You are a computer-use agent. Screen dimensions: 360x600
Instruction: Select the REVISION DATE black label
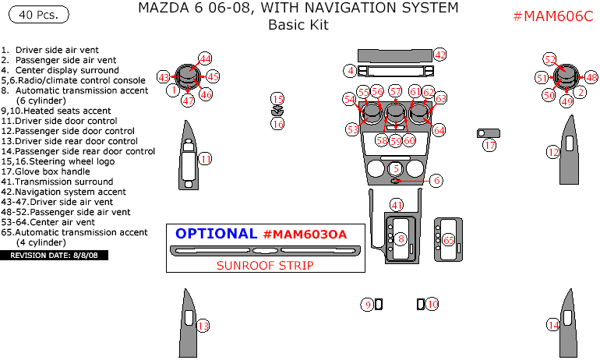(55, 255)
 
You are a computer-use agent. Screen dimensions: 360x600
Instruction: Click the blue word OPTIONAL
(216, 234)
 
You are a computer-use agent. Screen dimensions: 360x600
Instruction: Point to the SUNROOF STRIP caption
(265, 265)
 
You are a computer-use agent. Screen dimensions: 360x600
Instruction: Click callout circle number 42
(440, 55)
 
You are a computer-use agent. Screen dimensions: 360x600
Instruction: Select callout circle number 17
(489, 145)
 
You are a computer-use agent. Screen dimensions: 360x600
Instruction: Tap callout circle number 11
(205, 159)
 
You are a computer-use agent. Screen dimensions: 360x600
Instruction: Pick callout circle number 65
(448, 241)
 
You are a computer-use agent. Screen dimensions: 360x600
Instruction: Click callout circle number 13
(203, 326)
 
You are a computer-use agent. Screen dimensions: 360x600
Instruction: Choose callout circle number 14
(553, 325)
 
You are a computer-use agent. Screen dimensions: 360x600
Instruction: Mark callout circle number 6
(436, 180)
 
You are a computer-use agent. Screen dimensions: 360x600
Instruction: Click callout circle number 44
(205, 58)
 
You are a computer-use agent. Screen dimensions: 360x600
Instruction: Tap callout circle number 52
(550, 59)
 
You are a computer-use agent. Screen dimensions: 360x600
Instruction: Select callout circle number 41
(397, 205)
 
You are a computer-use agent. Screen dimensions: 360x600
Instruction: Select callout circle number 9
(367, 305)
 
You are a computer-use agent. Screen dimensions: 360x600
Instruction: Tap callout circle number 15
(278, 98)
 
